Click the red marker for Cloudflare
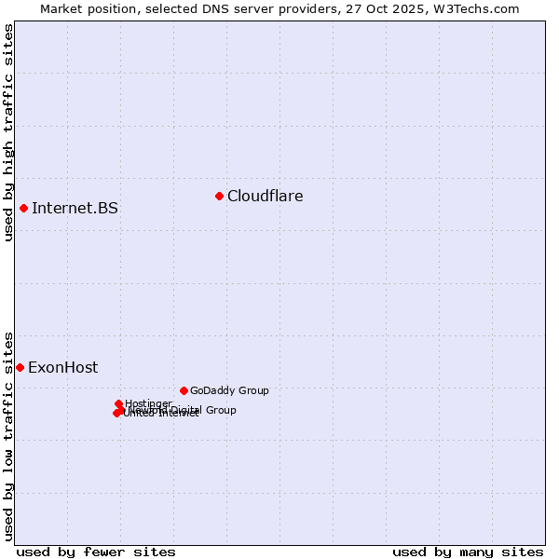[219, 196]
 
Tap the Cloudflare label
[265, 196]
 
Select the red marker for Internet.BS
[23, 208]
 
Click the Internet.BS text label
[75, 208]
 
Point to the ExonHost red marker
[20, 367]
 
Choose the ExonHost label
[62, 367]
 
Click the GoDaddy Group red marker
[184, 390]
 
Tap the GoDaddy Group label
[228, 390]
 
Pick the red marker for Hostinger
[118, 403]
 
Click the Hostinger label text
[148, 403]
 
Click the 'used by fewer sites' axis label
[96, 552]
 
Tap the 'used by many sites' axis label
[468, 552]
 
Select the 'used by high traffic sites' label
[8, 133]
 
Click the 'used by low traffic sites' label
[8, 435]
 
